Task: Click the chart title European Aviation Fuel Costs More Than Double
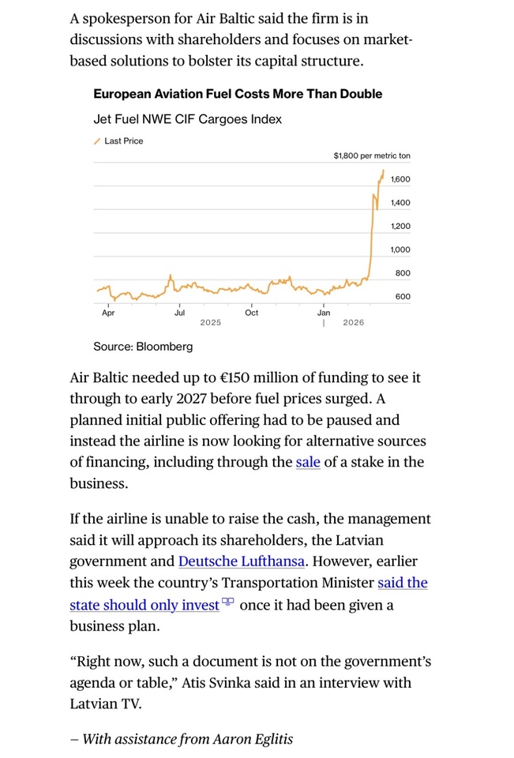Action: pyautogui.click(x=237, y=94)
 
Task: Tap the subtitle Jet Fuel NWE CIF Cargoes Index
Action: pyautogui.click(x=187, y=119)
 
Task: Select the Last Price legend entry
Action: pyautogui.click(x=123, y=141)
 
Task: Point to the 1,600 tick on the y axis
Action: pyautogui.click(x=400, y=179)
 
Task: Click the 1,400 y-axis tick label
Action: pyautogui.click(x=400, y=203)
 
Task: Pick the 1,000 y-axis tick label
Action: pyautogui.click(x=400, y=250)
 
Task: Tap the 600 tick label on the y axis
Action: pyautogui.click(x=403, y=297)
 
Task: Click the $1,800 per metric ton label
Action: pyautogui.click(x=371, y=156)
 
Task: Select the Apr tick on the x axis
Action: pyautogui.click(x=108, y=313)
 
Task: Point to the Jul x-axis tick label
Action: pyautogui.click(x=179, y=313)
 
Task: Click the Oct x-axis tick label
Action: pyautogui.click(x=251, y=313)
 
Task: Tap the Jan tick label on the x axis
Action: pyautogui.click(x=324, y=313)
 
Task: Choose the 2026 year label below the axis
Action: pyautogui.click(x=354, y=323)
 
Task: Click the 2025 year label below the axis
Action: pyautogui.click(x=210, y=323)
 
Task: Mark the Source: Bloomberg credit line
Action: pyautogui.click(x=142, y=347)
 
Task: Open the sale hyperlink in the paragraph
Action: pyautogui.click(x=308, y=462)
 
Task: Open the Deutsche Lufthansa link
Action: pyautogui.click(x=242, y=561)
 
